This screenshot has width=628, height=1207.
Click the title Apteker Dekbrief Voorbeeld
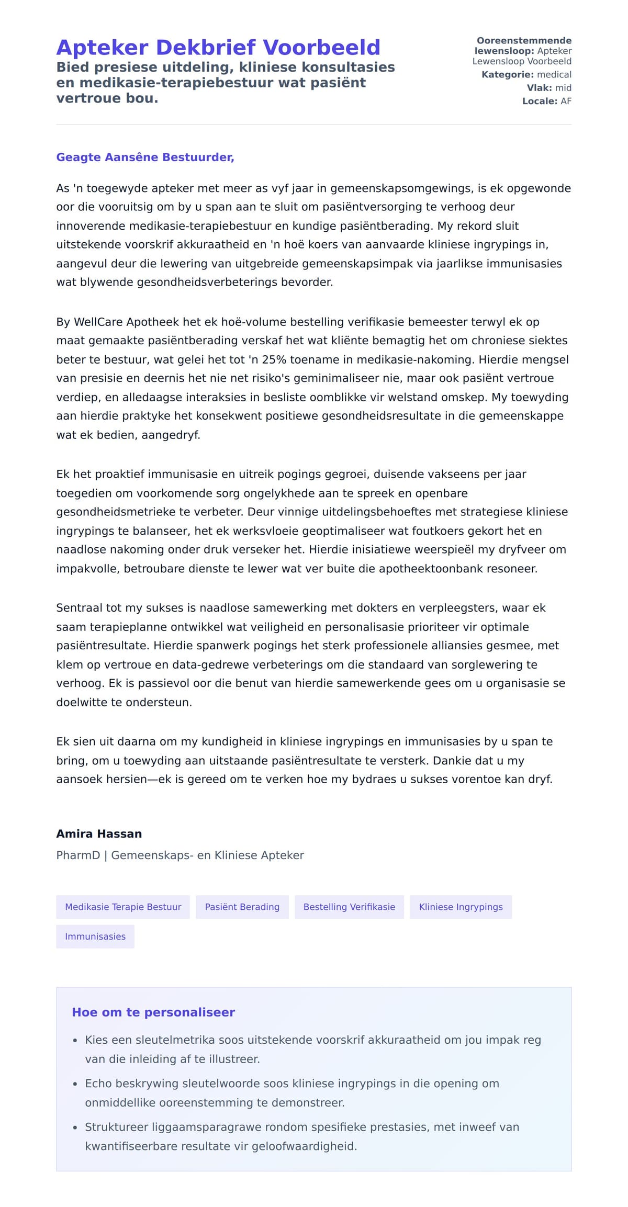(218, 48)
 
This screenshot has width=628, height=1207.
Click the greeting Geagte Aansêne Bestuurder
(145, 157)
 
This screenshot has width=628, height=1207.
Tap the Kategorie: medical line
(526, 75)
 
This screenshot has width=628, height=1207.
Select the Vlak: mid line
(548, 88)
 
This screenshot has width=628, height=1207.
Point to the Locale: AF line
(546, 101)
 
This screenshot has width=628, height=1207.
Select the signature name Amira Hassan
(99, 834)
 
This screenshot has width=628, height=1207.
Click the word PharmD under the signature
(78, 855)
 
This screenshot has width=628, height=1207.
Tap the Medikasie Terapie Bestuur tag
(123, 907)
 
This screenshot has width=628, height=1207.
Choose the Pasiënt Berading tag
(242, 907)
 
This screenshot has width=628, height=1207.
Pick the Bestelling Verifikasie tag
(349, 907)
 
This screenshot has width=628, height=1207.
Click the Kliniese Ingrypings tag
(461, 907)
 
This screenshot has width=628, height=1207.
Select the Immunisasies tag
(95, 937)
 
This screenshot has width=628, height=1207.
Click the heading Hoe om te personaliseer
(153, 1012)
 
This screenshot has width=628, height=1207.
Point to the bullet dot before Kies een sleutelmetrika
(75, 1041)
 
